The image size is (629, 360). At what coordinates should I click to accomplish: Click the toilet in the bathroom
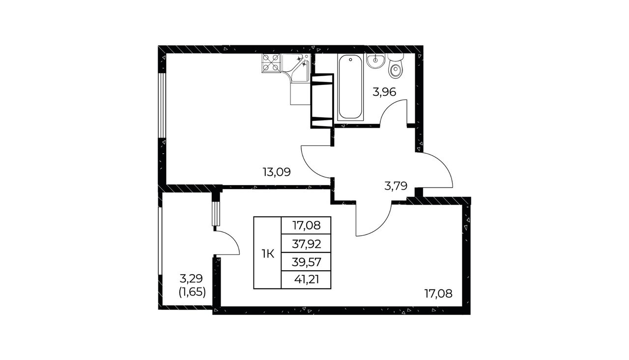tap(396, 66)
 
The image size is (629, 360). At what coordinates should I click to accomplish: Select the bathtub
tap(350, 87)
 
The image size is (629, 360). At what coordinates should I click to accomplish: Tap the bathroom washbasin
tap(375, 61)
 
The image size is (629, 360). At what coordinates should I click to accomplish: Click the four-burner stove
tap(271, 63)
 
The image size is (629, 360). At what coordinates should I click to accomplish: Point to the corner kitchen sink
tap(296, 68)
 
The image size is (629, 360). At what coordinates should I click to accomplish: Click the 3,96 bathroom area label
tap(384, 92)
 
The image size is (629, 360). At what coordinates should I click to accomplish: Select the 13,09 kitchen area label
tap(277, 172)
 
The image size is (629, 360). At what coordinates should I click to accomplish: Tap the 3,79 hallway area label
tap(396, 186)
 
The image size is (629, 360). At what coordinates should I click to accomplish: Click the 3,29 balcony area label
tap(191, 278)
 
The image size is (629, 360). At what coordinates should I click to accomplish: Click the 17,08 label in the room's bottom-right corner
tap(438, 294)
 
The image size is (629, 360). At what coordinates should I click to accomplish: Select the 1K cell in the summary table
tap(268, 254)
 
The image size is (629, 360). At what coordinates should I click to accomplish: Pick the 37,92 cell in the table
tap(306, 244)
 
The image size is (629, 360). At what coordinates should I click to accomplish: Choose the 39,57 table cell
tap(306, 262)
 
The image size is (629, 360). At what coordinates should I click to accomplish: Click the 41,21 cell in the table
tap(306, 280)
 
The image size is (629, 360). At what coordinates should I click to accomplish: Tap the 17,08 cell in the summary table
tap(306, 225)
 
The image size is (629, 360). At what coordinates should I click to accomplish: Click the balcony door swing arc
tap(232, 239)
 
